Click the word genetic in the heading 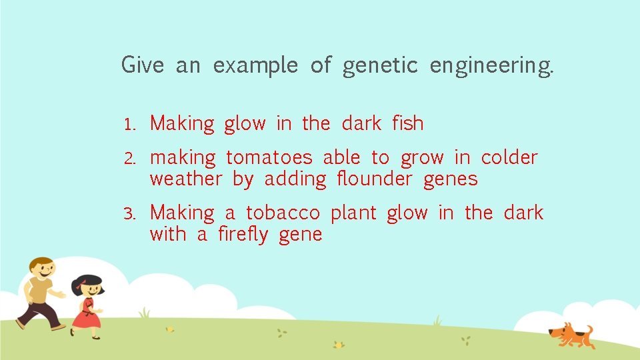pyautogui.click(x=380, y=66)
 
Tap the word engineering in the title pyautogui.click(x=491, y=66)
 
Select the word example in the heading pyautogui.click(x=255, y=66)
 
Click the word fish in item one pyautogui.click(x=407, y=123)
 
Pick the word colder pyautogui.click(x=509, y=157)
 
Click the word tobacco pyautogui.click(x=283, y=213)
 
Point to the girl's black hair pyautogui.click(x=88, y=283)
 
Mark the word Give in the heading pyautogui.click(x=142, y=65)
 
